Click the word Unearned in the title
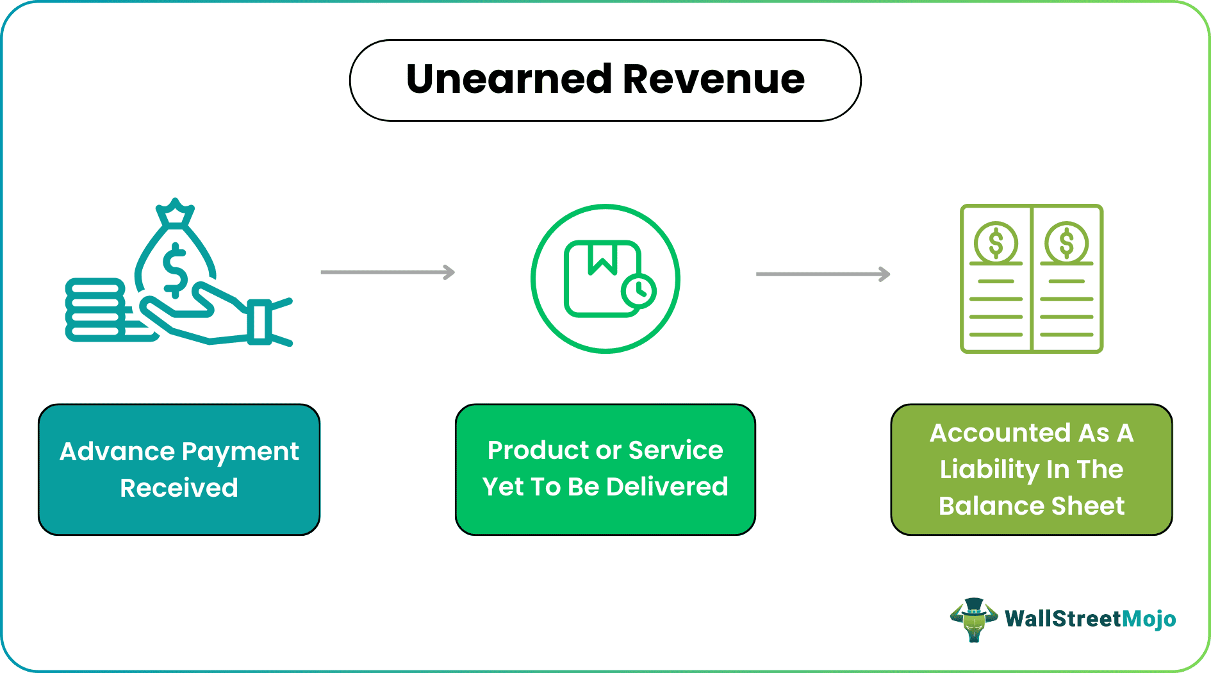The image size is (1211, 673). (509, 79)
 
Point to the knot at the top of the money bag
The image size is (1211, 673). (175, 215)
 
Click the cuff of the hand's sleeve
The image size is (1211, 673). (259, 320)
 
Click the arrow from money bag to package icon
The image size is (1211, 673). (388, 272)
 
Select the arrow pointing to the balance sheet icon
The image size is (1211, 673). (823, 274)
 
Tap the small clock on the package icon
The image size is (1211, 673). (638, 292)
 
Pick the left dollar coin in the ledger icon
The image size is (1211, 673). (996, 243)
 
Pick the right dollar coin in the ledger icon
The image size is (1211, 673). (1066, 243)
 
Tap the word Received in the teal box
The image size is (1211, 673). (179, 488)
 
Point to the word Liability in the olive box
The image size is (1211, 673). (989, 469)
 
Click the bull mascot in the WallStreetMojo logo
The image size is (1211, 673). (973, 619)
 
